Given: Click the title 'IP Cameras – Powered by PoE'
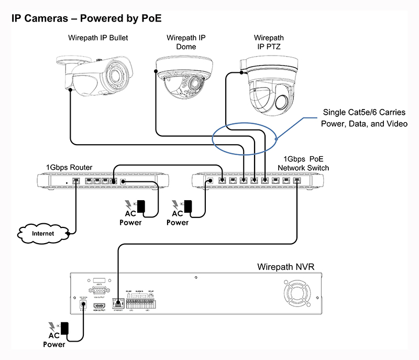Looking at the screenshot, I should coord(86,18).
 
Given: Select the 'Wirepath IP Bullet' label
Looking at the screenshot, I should coord(98,38).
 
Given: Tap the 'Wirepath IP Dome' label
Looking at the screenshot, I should coord(186,42).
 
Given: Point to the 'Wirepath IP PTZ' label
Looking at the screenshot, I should coord(269,42).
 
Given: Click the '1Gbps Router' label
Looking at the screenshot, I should coord(69,167).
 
